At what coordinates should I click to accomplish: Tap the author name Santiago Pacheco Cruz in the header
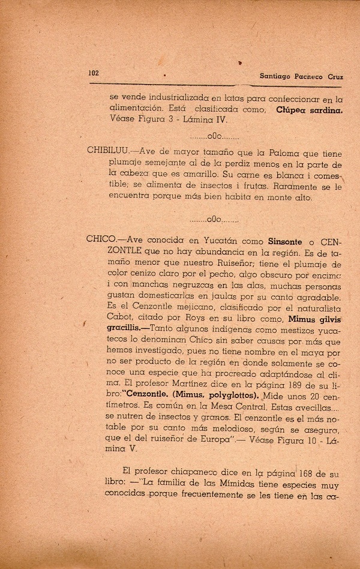tap(305, 76)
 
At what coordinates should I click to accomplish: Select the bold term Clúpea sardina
tap(309, 110)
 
